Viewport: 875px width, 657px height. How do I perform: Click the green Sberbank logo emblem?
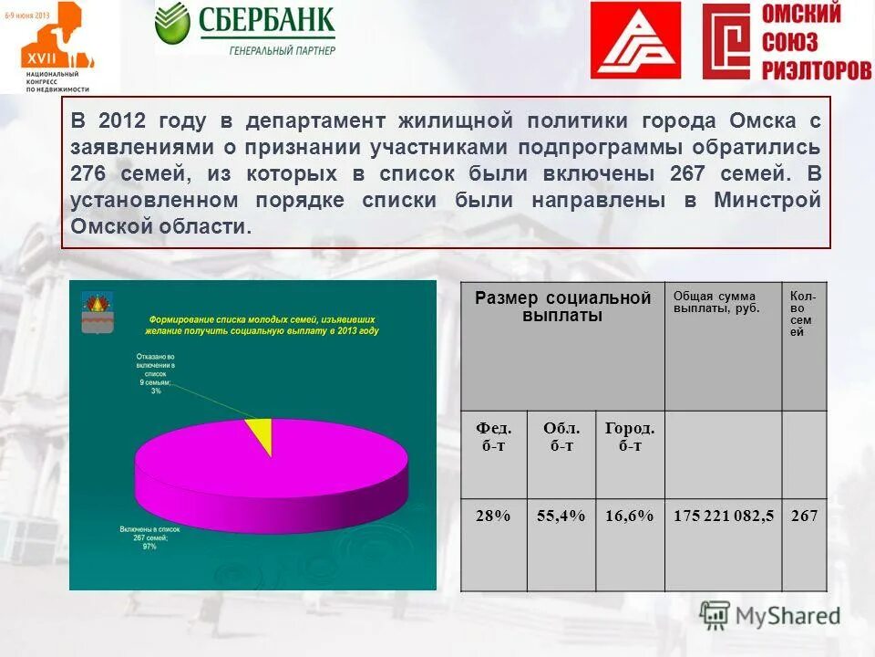pos(172,25)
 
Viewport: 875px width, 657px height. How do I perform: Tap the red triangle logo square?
pos(635,40)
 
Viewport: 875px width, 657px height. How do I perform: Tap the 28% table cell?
pos(493,516)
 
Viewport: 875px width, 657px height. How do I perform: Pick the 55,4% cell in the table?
pos(561,516)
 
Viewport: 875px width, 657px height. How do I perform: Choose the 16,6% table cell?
pos(630,516)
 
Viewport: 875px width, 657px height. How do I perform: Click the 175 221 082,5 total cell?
pos(723,516)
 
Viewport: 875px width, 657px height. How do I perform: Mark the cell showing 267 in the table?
pos(804,516)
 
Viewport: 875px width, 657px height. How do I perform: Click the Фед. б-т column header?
pos(493,436)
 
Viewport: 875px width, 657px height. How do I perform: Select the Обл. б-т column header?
pos(561,436)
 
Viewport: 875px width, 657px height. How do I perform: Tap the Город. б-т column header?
pos(630,436)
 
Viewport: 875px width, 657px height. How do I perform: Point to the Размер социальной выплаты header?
pos(562,308)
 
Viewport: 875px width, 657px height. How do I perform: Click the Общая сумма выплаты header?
pos(715,302)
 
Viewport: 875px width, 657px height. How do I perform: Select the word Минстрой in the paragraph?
pos(767,200)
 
